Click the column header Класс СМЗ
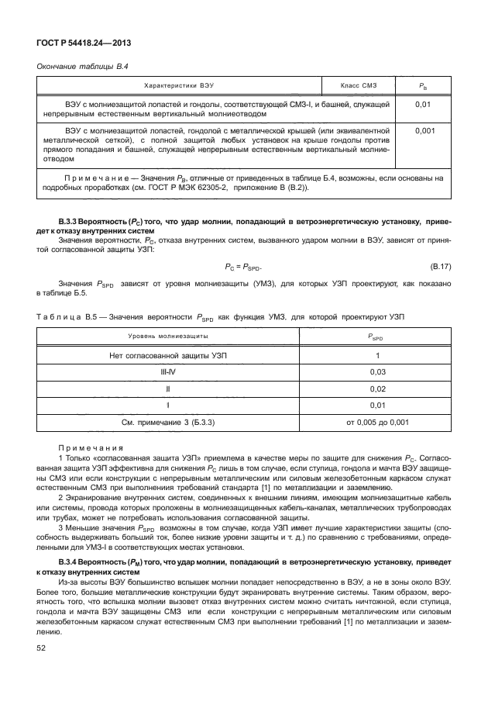(358, 84)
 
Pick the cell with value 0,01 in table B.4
(424, 102)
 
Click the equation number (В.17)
(442, 267)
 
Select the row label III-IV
(167, 371)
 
